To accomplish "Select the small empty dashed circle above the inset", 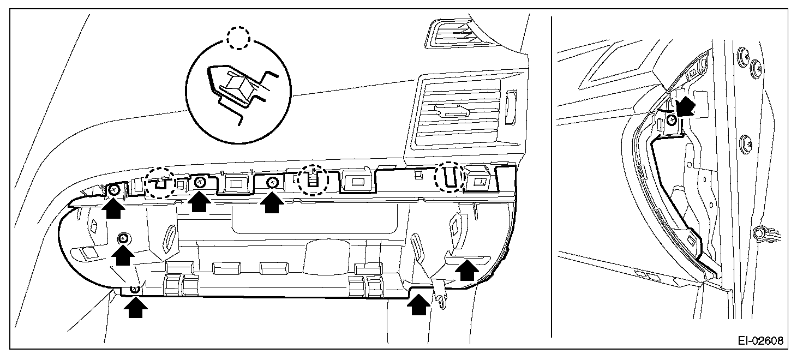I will click(x=238, y=39).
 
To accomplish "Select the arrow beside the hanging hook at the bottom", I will click(x=418, y=305).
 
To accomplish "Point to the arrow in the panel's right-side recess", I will click(x=465, y=269).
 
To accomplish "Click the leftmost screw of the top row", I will click(x=114, y=189).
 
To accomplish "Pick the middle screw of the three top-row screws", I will click(x=200, y=182).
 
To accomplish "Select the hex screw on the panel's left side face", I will click(x=124, y=238).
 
